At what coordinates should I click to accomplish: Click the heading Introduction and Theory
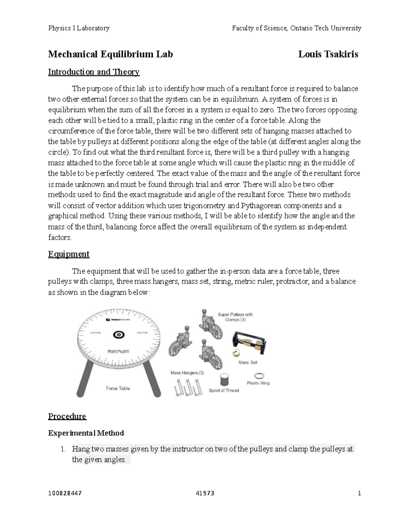[x=94, y=72]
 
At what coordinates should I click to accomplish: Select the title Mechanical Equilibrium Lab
[x=110, y=54]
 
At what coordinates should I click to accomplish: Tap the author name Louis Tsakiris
[x=328, y=54]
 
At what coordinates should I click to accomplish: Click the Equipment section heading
[x=69, y=254]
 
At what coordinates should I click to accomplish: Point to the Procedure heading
[x=67, y=416]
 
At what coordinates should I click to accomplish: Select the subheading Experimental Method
[x=86, y=433]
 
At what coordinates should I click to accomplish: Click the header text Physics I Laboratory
[x=79, y=28]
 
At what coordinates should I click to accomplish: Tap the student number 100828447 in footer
[x=65, y=493]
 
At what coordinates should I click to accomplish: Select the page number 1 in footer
[x=359, y=493]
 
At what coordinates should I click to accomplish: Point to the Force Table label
[x=118, y=388]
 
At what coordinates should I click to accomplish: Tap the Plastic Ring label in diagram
[x=258, y=383]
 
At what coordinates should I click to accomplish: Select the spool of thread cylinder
[x=224, y=380]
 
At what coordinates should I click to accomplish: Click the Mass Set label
[x=248, y=362]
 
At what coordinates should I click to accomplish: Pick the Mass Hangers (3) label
[x=187, y=373]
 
